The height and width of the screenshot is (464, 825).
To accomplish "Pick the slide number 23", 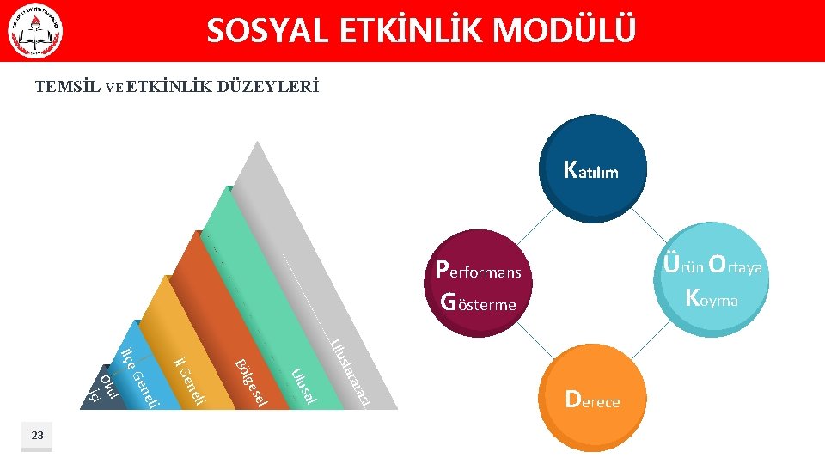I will pos(37,437).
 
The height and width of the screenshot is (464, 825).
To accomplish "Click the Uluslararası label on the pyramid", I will pos(352,374).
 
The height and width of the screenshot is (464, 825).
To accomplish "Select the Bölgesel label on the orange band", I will pos(252,382).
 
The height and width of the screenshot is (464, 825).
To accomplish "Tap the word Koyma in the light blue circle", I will pos(712,299).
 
